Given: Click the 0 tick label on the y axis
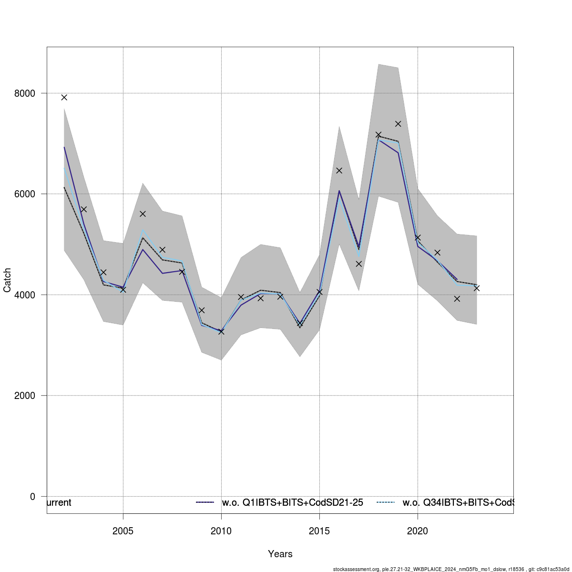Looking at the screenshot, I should (x=32, y=496).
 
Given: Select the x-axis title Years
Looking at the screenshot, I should (x=280, y=554).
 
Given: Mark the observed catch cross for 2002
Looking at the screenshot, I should (x=64, y=97).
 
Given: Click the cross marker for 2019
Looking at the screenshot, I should (x=398, y=124).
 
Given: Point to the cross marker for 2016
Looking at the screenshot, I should (x=339, y=170).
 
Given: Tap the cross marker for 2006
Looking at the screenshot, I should (x=143, y=214).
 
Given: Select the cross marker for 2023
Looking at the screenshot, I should (x=477, y=288).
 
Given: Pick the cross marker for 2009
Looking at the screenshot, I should (x=202, y=310).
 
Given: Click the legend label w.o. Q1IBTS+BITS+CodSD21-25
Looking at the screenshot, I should (x=293, y=502).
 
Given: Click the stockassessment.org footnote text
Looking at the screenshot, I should (x=451, y=569).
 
